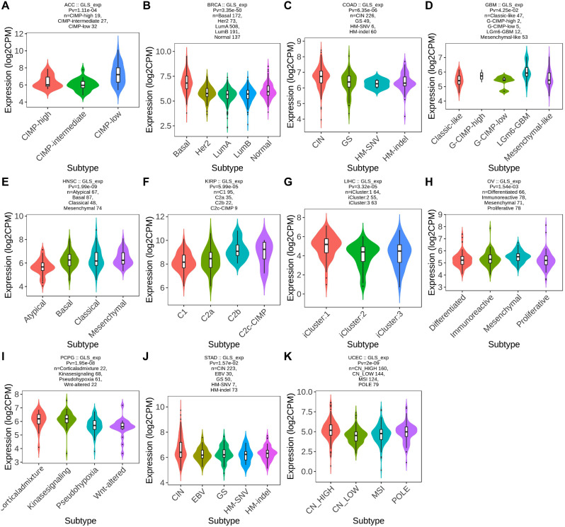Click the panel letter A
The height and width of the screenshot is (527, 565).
click(x=6, y=6)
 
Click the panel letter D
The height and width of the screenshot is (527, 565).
click(x=431, y=6)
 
